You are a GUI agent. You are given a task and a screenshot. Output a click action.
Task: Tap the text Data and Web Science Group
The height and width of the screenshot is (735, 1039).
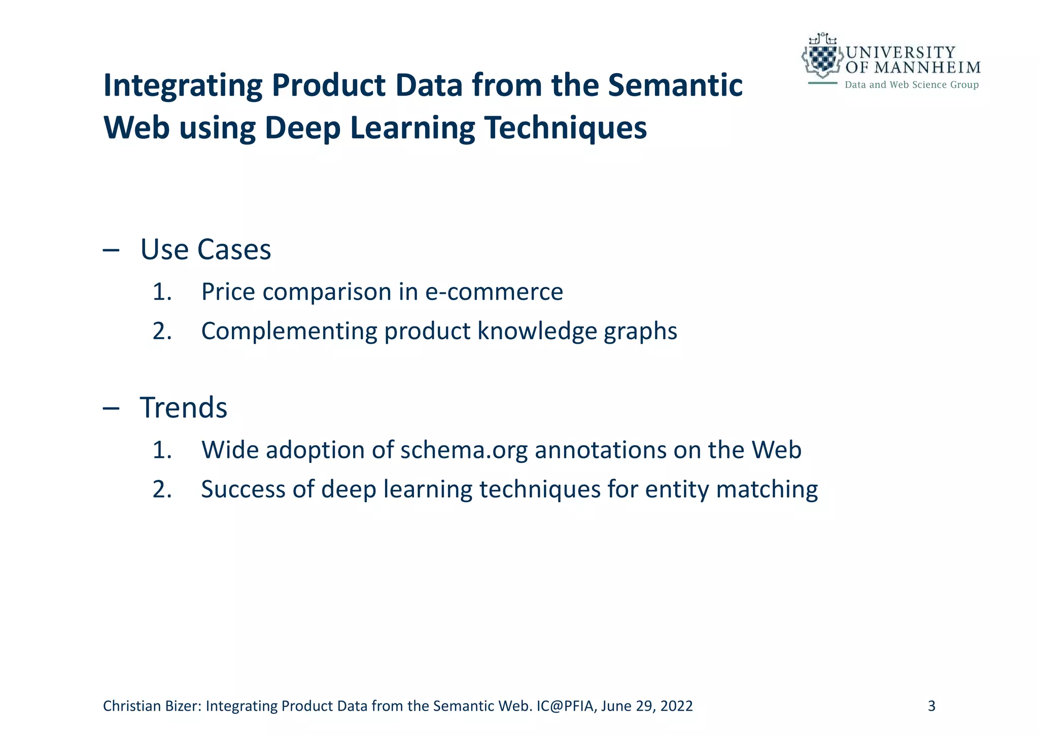[911, 85]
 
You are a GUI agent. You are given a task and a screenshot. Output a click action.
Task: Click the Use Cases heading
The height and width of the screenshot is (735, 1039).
[205, 250]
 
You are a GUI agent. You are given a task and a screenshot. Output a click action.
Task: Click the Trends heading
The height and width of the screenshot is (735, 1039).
[183, 408]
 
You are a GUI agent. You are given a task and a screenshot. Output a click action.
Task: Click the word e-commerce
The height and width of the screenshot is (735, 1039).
[494, 292]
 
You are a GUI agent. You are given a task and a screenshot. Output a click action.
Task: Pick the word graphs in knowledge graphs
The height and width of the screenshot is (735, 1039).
[640, 331]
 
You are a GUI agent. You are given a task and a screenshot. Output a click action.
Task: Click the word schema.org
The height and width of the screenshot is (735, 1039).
[464, 450]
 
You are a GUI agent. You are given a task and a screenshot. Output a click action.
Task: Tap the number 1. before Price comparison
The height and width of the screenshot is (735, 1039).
[162, 292]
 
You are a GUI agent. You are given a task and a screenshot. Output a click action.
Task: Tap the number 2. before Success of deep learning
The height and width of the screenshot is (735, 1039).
[162, 489]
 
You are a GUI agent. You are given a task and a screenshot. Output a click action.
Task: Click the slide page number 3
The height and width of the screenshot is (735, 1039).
[931, 706]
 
